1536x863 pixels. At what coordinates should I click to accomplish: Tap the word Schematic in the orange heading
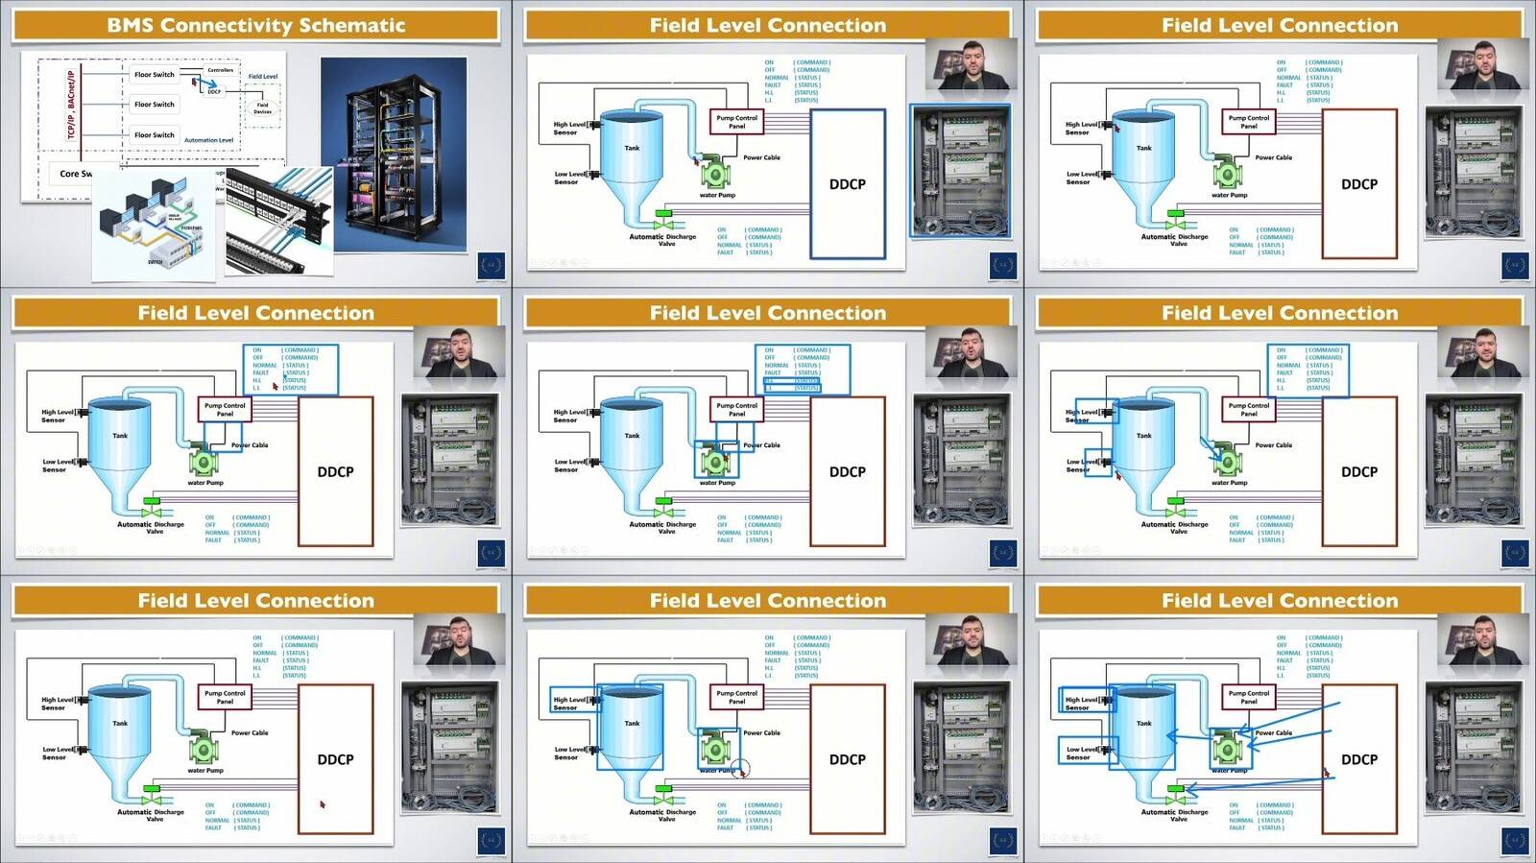pyautogui.click(x=352, y=26)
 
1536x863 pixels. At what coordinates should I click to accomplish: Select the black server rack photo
pyautogui.click(x=394, y=154)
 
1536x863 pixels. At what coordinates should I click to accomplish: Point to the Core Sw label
pyautogui.click(x=75, y=174)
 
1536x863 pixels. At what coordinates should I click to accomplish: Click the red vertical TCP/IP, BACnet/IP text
pyautogui.click(x=71, y=105)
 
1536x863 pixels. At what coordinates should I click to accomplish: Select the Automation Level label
pyautogui.click(x=208, y=140)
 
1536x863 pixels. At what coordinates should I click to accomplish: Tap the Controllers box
pyautogui.click(x=220, y=70)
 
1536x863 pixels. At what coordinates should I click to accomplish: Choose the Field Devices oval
pyautogui.click(x=262, y=108)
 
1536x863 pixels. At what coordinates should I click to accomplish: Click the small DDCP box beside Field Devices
pyautogui.click(x=213, y=92)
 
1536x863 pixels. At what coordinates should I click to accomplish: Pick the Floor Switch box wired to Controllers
pyautogui.click(x=154, y=74)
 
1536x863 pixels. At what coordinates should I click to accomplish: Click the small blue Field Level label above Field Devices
pyautogui.click(x=262, y=77)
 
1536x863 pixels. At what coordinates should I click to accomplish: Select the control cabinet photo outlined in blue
pyautogui.click(x=959, y=170)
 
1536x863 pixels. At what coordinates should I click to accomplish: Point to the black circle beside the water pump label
pyautogui.click(x=739, y=769)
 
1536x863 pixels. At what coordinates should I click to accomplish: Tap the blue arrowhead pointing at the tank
pyautogui.click(x=1169, y=736)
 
